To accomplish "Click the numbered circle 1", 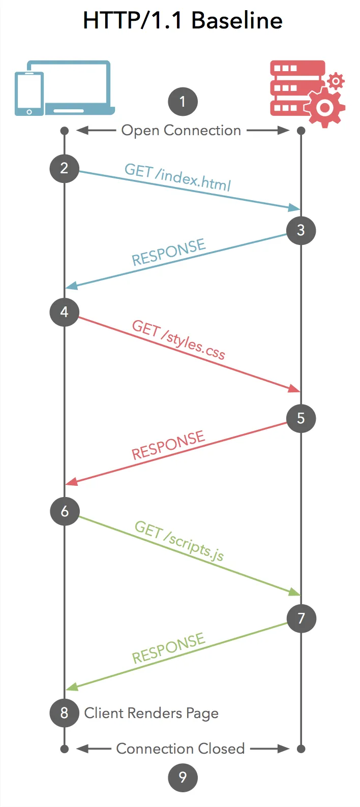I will pyautogui.click(x=183, y=102).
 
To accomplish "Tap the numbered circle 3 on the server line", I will pyautogui.click(x=301, y=230).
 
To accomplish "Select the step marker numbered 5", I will pyautogui.click(x=301, y=418).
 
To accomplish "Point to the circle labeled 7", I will pyautogui.click(x=301, y=618).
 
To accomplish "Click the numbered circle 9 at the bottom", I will pyautogui.click(x=183, y=777).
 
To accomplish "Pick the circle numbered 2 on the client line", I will pyautogui.click(x=65, y=168).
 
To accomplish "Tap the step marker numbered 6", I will pyautogui.click(x=65, y=511).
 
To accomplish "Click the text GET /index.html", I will pyautogui.click(x=177, y=177).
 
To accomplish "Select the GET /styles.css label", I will pyautogui.click(x=178, y=339).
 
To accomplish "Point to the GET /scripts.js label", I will pyautogui.click(x=179, y=541).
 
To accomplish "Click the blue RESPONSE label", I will pyautogui.click(x=168, y=253).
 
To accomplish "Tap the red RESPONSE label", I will pyautogui.click(x=168, y=445).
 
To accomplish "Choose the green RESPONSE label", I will pyautogui.click(x=168, y=648).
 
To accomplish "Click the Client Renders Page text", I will pyautogui.click(x=152, y=713).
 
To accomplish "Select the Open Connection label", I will pyautogui.click(x=181, y=131).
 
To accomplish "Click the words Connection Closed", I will pyautogui.click(x=181, y=749).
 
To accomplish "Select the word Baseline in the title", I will pyautogui.click(x=237, y=21).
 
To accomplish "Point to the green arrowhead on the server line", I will pyautogui.click(x=294, y=592).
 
